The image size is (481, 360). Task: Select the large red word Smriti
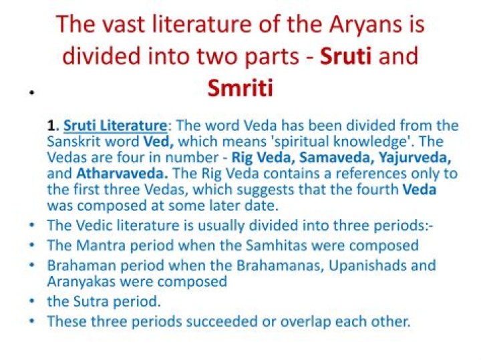point(240,87)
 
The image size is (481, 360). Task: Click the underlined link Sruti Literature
point(115,126)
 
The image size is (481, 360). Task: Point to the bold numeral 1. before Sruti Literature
point(53,126)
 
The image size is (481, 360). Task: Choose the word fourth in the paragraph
point(372,190)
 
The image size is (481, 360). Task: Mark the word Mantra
point(104,245)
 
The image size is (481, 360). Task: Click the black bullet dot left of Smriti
point(31,93)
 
